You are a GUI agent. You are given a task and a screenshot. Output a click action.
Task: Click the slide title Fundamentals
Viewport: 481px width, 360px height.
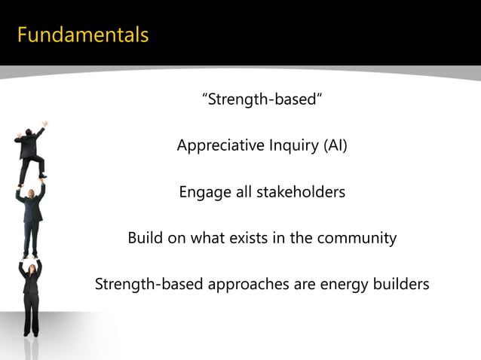83,35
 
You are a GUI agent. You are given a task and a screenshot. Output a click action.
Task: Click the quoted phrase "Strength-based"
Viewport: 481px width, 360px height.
262,99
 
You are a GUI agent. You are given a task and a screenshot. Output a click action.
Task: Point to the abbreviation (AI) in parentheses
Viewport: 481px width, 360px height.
335,145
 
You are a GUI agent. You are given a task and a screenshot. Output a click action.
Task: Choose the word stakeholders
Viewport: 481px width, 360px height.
301,193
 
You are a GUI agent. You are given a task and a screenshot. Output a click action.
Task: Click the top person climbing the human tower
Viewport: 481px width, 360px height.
30,151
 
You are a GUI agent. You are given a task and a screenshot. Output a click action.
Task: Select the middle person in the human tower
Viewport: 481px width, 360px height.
30,218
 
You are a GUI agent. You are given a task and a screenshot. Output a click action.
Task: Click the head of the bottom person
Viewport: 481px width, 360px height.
30,266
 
